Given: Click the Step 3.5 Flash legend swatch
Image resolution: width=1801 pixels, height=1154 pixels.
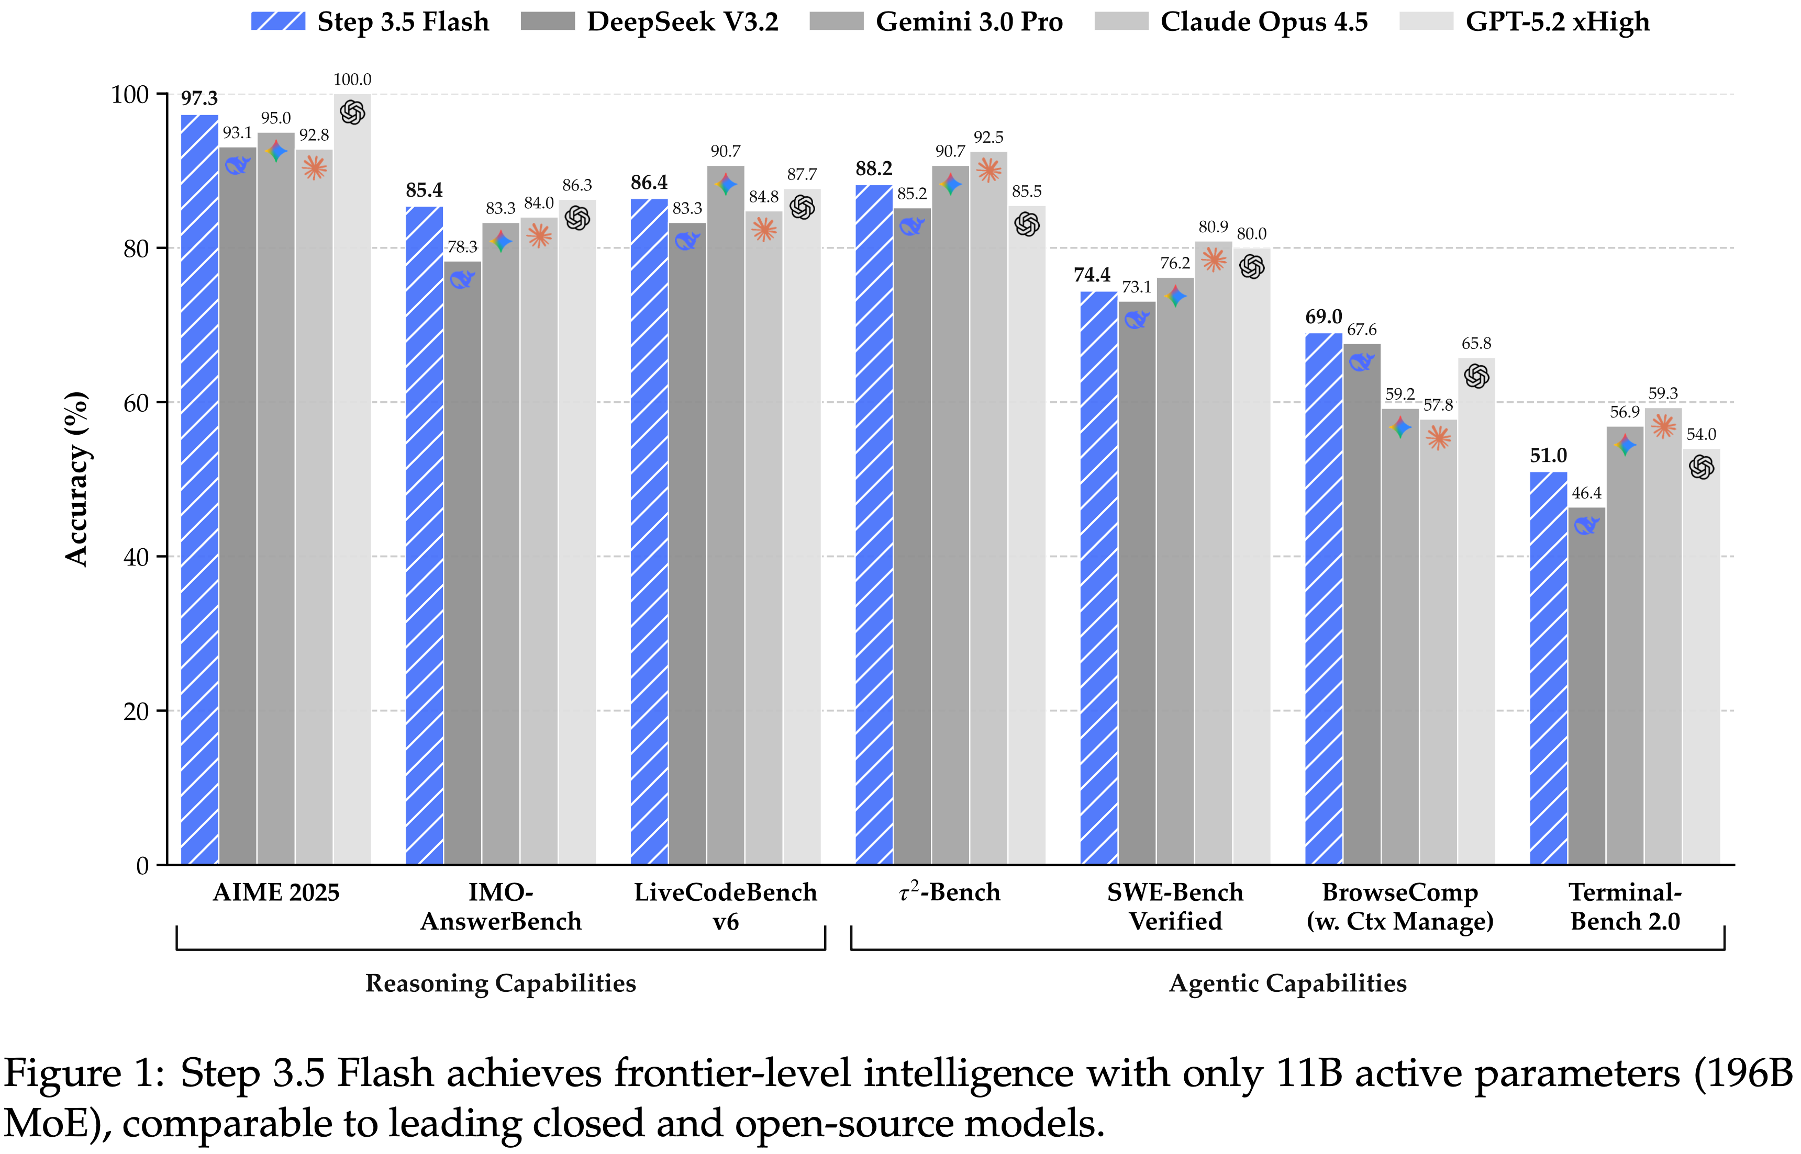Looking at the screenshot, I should (x=277, y=21).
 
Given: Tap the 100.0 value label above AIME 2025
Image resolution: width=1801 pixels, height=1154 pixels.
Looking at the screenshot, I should (x=352, y=80).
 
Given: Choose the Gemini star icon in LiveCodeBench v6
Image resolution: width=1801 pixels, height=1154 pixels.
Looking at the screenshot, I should (x=725, y=184).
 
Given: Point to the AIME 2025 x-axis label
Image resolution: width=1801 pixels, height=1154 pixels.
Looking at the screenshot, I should (x=276, y=892).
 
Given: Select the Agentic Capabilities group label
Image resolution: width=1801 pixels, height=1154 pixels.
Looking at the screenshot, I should (x=1287, y=982).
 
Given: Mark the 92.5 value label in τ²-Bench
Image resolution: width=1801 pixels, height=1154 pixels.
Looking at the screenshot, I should (x=988, y=137).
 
